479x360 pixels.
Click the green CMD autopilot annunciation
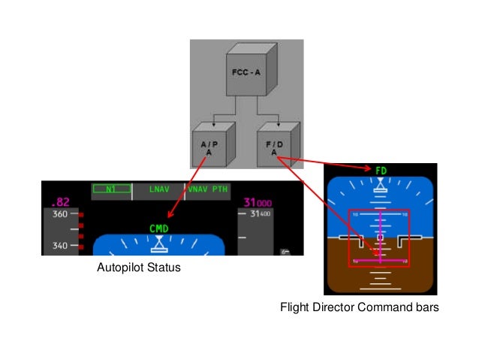(159, 228)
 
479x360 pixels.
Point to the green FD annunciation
(381, 171)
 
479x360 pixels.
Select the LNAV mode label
(159, 189)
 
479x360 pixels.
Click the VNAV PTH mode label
(207, 189)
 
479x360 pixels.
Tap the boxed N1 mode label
(110, 190)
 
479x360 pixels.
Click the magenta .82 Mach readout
(59, 202)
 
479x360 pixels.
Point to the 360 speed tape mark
(59, 214)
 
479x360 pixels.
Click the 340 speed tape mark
(59, 245)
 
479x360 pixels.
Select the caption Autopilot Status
(139, 268)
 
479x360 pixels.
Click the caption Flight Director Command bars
(359, 307)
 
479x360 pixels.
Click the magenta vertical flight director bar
(381, 233)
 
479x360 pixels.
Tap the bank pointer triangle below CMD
(159, 243)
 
